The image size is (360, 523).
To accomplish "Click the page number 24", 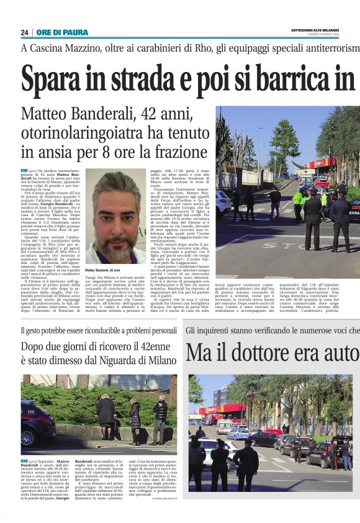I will click(x=24, y=32).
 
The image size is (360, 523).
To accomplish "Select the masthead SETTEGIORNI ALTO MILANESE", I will click(x=317, y=30).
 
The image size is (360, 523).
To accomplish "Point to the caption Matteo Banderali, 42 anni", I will click(x=102, y=271).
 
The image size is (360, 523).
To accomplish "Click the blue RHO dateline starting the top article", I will click(x=24, y=170).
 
